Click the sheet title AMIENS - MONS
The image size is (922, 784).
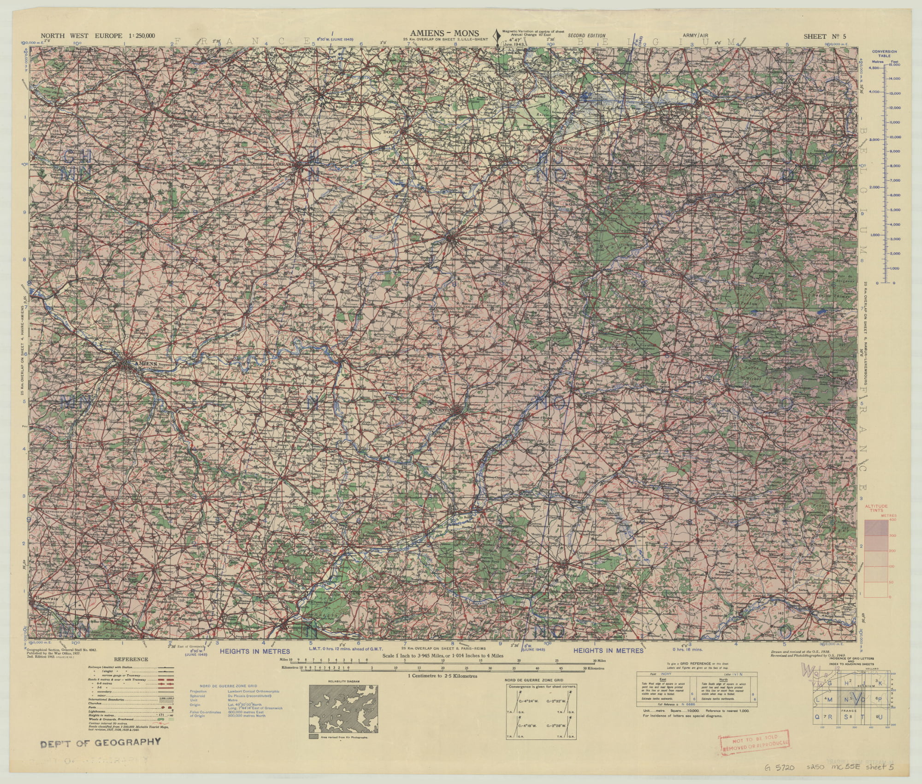[441, 33]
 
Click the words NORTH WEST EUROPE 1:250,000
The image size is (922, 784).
[98, 36]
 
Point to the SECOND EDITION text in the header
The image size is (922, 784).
[586, 36]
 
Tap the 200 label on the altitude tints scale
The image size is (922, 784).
[892, 551]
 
